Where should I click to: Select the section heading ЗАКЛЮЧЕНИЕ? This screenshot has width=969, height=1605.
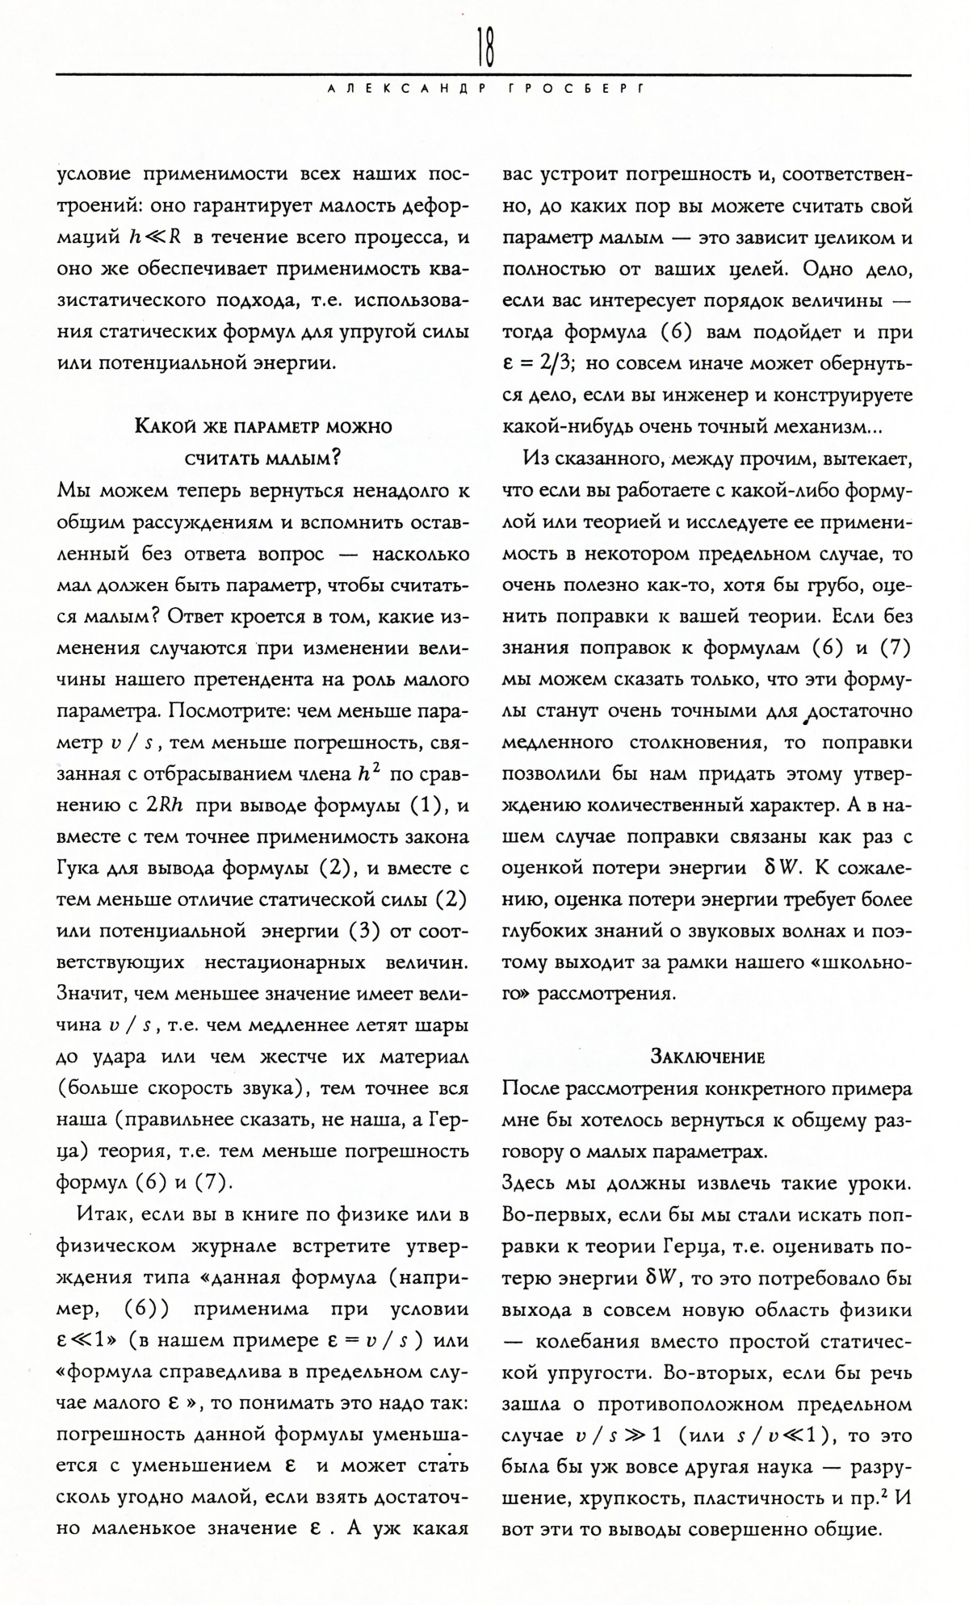(707, 1056)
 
